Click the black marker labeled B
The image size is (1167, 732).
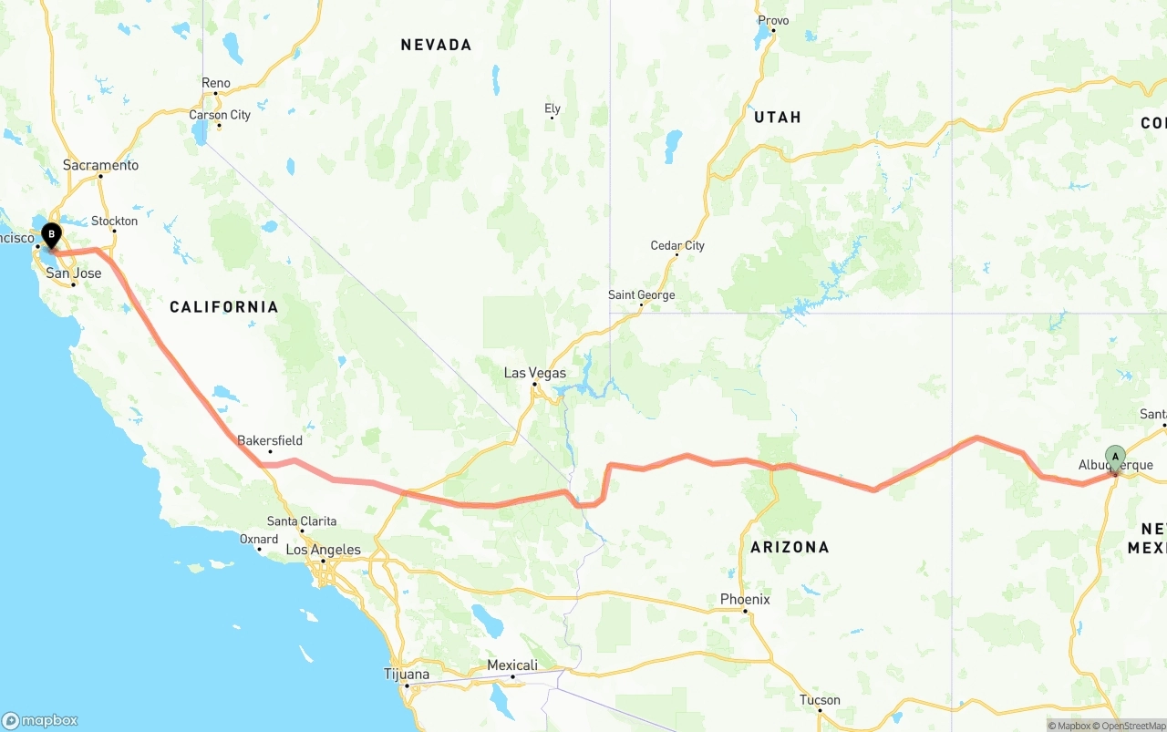[51, 234]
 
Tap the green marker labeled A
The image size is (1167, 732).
[1115, 456]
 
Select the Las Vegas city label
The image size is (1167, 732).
[535, 373]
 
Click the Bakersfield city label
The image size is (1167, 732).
[270, 440]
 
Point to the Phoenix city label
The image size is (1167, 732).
[745, 599]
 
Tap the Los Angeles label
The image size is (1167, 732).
[324, 550]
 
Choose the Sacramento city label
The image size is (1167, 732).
[100, 165]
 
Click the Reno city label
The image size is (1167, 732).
[216, 83]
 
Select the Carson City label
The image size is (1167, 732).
[220, 115]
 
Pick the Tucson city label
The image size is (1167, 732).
[820, 700]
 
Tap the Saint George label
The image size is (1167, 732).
[642, 294]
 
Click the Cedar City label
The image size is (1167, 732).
[677, 245]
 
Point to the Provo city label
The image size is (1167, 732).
[773, 20]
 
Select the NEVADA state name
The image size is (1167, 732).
[436, 45]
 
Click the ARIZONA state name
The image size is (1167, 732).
[790, 547]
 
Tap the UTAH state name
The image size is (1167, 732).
[778, 117]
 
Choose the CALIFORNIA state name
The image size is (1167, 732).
[223, 306]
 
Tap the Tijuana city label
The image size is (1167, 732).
[407, 675]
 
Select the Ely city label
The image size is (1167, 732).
[553, 108]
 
